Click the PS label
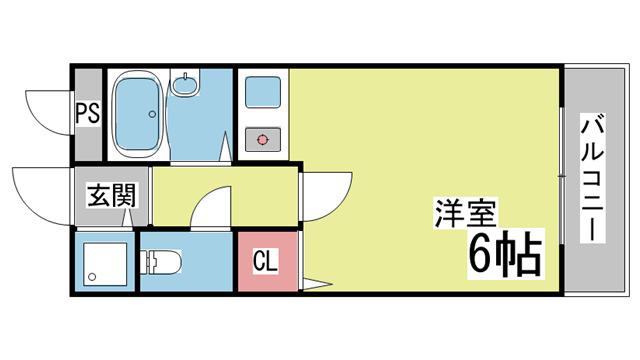click(88, 113)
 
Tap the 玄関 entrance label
click(111, 195)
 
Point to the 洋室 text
click(465, 213)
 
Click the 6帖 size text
click(505, 253)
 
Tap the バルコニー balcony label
click(592, 178)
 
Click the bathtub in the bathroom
click(136, 115)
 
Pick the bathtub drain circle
click(152, 114)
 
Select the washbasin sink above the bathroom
click(184, 84)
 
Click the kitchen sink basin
click(263, 93)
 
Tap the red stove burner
click(262, 140)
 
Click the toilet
click(161, 262)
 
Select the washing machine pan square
click(105, 264)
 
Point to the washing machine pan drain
click(92, 277)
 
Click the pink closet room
click(267, 262)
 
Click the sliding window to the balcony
click(562, 176)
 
